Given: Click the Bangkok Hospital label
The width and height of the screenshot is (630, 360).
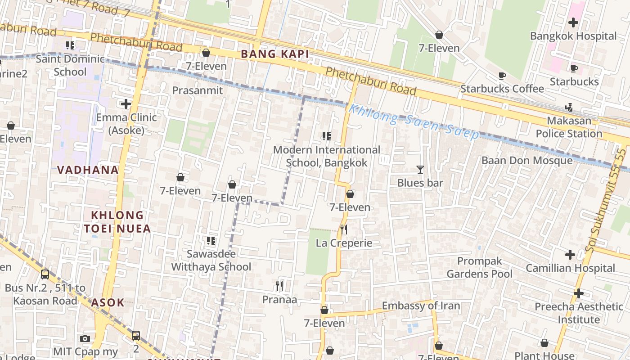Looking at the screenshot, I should click(573, 36).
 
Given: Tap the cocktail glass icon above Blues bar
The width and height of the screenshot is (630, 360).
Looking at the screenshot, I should click(420, 170).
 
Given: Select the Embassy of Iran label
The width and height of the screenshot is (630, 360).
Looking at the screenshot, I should click(421, 306).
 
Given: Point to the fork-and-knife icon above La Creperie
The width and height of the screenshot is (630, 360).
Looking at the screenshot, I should click(344, 229).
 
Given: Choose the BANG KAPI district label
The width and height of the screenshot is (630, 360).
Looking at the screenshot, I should click(275, 54).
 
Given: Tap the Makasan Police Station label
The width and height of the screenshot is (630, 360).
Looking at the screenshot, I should click(569, 127).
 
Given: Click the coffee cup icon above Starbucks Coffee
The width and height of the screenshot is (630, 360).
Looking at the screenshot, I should click(502, 76).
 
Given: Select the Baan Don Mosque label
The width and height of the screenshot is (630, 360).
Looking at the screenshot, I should click(527, 161).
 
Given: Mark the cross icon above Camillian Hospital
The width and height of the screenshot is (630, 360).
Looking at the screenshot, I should click(570, 255).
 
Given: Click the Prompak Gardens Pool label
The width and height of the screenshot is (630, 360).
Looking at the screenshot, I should click(479, 268).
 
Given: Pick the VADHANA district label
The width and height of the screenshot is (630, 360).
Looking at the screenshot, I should click(88, 170).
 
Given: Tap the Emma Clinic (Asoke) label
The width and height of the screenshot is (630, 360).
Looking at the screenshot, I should click(126, 124).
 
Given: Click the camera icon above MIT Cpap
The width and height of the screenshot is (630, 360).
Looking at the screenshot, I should click(85, 338).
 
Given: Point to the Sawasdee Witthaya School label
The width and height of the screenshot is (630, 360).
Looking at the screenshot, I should click(211, 261).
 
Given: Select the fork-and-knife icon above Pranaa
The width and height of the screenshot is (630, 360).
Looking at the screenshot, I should click(279, 286).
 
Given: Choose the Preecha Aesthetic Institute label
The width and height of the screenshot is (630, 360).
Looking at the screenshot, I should click(579, 313).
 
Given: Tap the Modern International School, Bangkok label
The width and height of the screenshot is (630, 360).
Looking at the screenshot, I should click(327, 156).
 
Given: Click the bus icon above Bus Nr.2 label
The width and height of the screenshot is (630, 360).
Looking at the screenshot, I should click(45, 274).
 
